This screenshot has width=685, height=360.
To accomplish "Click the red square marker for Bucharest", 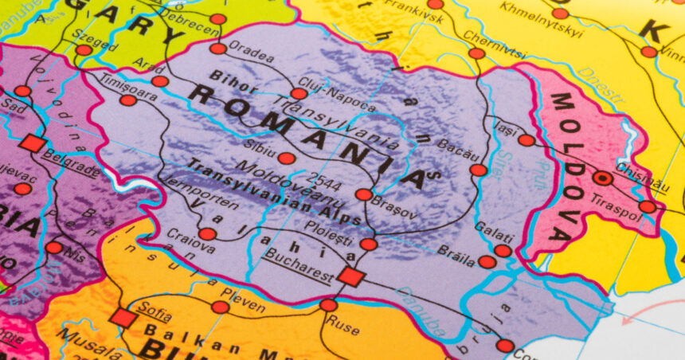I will point(351,276).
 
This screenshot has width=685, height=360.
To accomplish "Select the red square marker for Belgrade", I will point(33,143).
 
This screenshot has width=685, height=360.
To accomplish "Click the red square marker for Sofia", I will point(123,318).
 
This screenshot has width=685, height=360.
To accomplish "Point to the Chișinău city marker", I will point(603,178).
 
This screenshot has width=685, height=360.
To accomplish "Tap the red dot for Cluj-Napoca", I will point(298,93).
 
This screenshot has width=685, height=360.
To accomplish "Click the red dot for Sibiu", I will point(287,158).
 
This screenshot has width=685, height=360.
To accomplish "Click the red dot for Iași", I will point(526,140).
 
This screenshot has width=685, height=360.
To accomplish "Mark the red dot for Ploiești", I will point(368,244).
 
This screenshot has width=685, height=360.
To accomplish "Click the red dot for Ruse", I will point(328,305).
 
